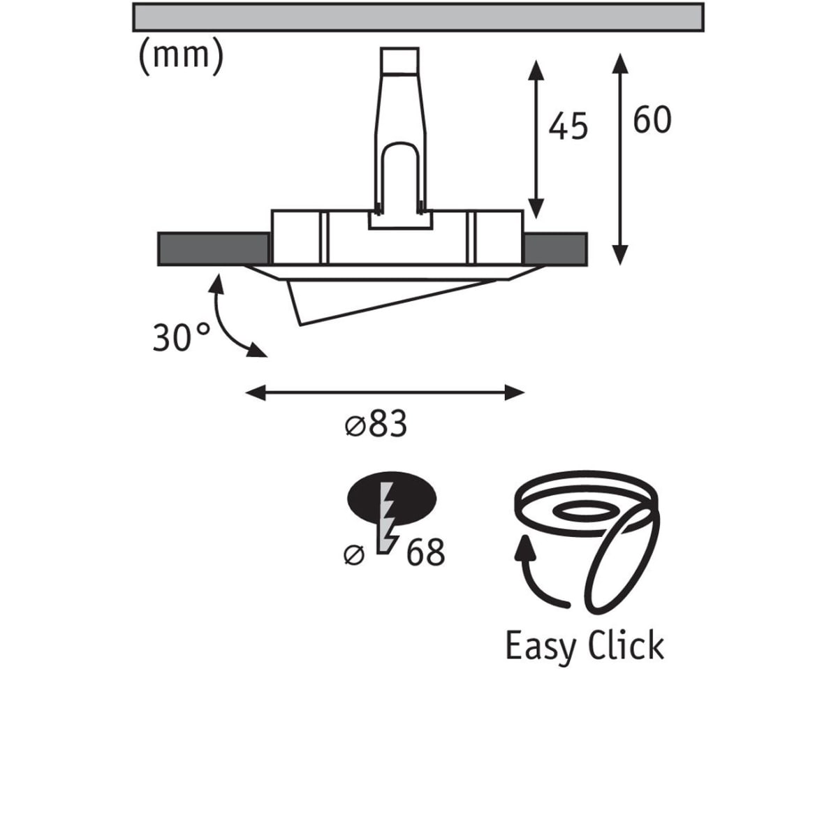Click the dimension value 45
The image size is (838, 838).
coord(568,126)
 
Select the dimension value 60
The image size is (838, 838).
coord(652,119)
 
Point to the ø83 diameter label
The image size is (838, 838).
coord(376,424)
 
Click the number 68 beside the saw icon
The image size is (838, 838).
coord(425,552)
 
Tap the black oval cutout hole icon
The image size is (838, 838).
coord(391,499)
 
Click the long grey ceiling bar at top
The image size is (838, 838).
coord(418,17)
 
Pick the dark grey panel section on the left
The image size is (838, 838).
coord(214,249)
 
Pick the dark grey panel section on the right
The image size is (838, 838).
coord(555,249)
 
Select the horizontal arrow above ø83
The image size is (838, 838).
coord(385,392)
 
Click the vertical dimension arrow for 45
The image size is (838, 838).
coord(536,140)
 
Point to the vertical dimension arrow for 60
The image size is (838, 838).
coord(620,159)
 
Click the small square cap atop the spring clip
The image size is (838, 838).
coord(399,61)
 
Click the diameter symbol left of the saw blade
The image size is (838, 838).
coord(353,555)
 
